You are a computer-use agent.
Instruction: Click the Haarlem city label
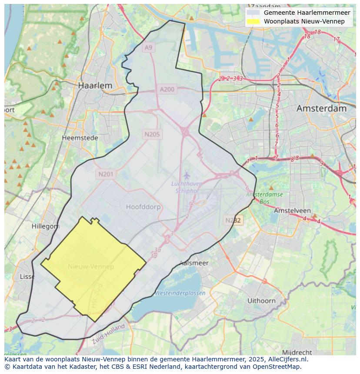click(95, 86)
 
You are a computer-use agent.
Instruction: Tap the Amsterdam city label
click(321, 109)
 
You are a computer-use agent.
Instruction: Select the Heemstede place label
click(80, 138)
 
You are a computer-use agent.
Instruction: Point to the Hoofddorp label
click(143, 207)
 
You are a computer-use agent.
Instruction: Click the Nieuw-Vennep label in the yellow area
click(91, 267)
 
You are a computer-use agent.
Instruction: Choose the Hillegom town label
click(45, 226)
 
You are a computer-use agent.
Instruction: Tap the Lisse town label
click(27, 277)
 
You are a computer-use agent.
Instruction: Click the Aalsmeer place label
click(194, 263)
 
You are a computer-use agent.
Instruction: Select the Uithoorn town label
click(261, 301)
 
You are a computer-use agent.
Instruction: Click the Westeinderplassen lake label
click(180, 293)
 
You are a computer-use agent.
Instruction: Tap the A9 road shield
click(149, 47)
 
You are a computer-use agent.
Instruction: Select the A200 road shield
click(167, 89)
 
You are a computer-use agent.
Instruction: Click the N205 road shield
click(152, 134)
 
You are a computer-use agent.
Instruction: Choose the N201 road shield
click(106, 174)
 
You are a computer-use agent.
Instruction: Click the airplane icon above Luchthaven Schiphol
click(187, 175)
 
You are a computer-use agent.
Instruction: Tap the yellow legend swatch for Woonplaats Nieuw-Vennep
click(253, 21)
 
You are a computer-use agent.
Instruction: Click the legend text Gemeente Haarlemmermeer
click(307, 13)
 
